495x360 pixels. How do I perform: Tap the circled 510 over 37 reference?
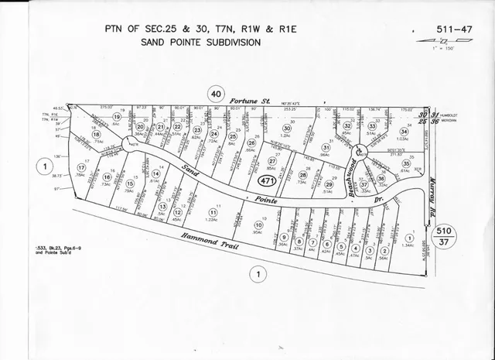(444, 235)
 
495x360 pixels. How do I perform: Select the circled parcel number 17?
(81, 167)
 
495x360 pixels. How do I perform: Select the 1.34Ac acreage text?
(408, 245)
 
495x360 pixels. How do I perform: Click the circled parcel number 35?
(405, 163)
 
